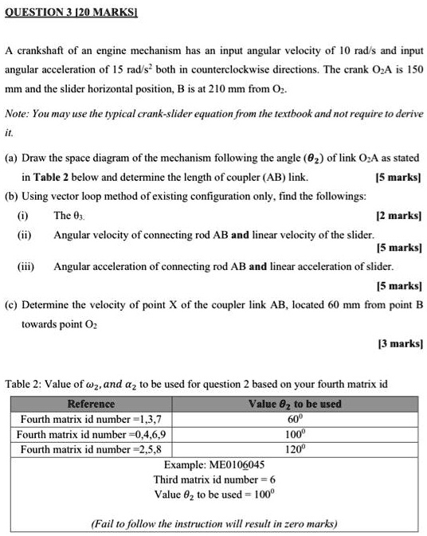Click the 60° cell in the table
coord(295,419)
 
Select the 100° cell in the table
coord(295,434)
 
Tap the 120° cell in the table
coord(295,449)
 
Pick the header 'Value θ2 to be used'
coord(295,404)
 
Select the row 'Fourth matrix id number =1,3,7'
coord(90,419)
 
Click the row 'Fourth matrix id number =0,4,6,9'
coord(93,434)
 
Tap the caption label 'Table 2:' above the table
coord(25,384)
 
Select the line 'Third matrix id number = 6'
coord(214,479)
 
